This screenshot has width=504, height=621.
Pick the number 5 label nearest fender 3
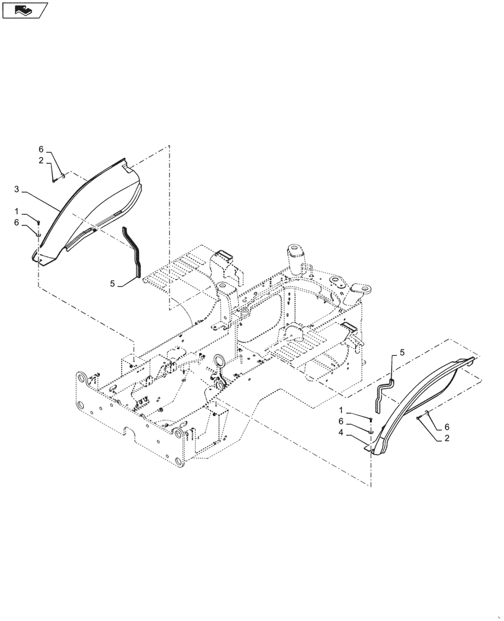[113, 283]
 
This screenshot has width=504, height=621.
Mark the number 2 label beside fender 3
[42, 161]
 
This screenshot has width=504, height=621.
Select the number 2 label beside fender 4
[447, 438]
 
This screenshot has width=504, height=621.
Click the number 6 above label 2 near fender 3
[42, 150]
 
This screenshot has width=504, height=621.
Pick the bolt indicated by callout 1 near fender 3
[38, 222]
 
